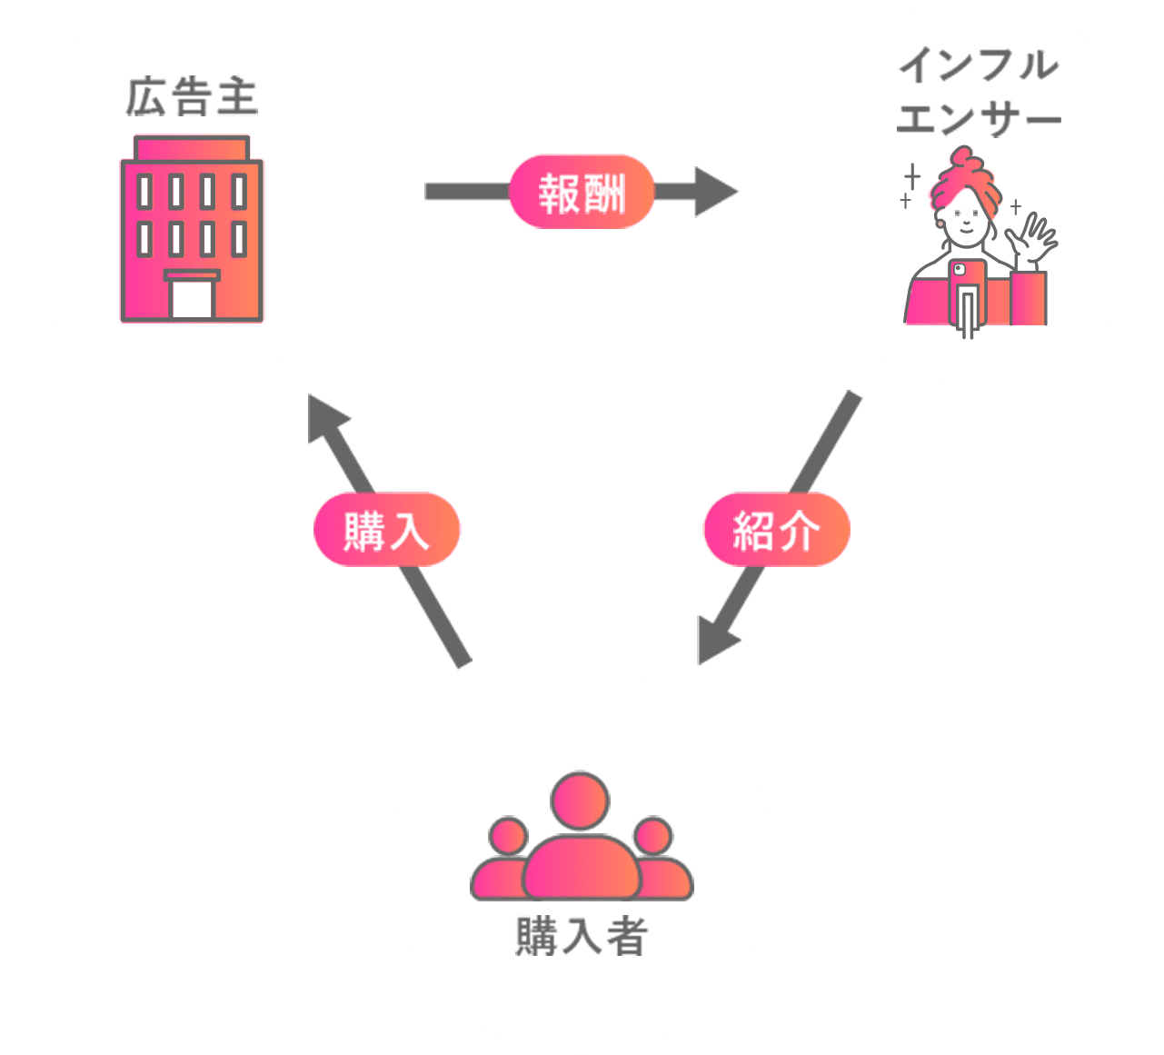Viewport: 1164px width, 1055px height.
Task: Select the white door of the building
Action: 192,298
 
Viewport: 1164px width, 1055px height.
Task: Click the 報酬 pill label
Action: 582,192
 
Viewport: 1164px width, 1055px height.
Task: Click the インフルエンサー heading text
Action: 978,92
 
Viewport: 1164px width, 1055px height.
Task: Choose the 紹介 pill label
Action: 776,530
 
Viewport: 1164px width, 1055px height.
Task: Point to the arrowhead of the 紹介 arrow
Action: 713,640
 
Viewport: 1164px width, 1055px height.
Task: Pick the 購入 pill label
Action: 387,530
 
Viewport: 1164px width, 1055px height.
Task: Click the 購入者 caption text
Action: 582,936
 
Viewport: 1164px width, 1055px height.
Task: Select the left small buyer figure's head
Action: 508,836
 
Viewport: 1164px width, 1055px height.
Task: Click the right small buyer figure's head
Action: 653,836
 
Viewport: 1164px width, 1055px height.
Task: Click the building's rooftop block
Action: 192,147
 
